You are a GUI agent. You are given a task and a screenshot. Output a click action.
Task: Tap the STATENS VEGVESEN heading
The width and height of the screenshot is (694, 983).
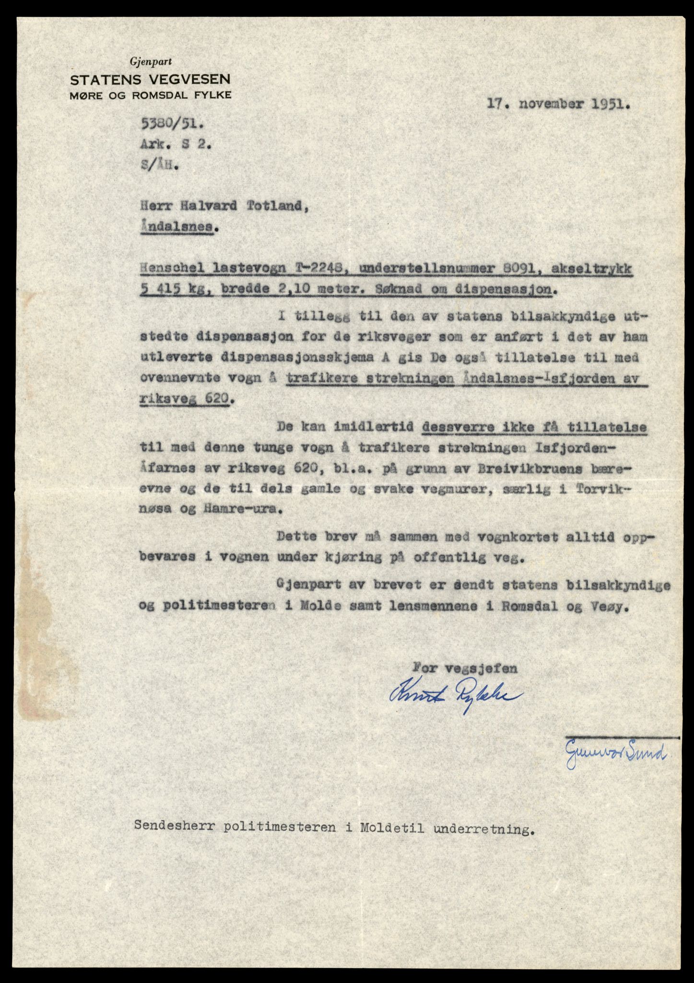pos(150,79)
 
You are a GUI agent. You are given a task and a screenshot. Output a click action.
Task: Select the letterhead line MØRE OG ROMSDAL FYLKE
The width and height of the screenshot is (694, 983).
pos(150,95)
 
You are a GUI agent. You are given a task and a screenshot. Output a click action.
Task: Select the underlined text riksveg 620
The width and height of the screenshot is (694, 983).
pos(184,399)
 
